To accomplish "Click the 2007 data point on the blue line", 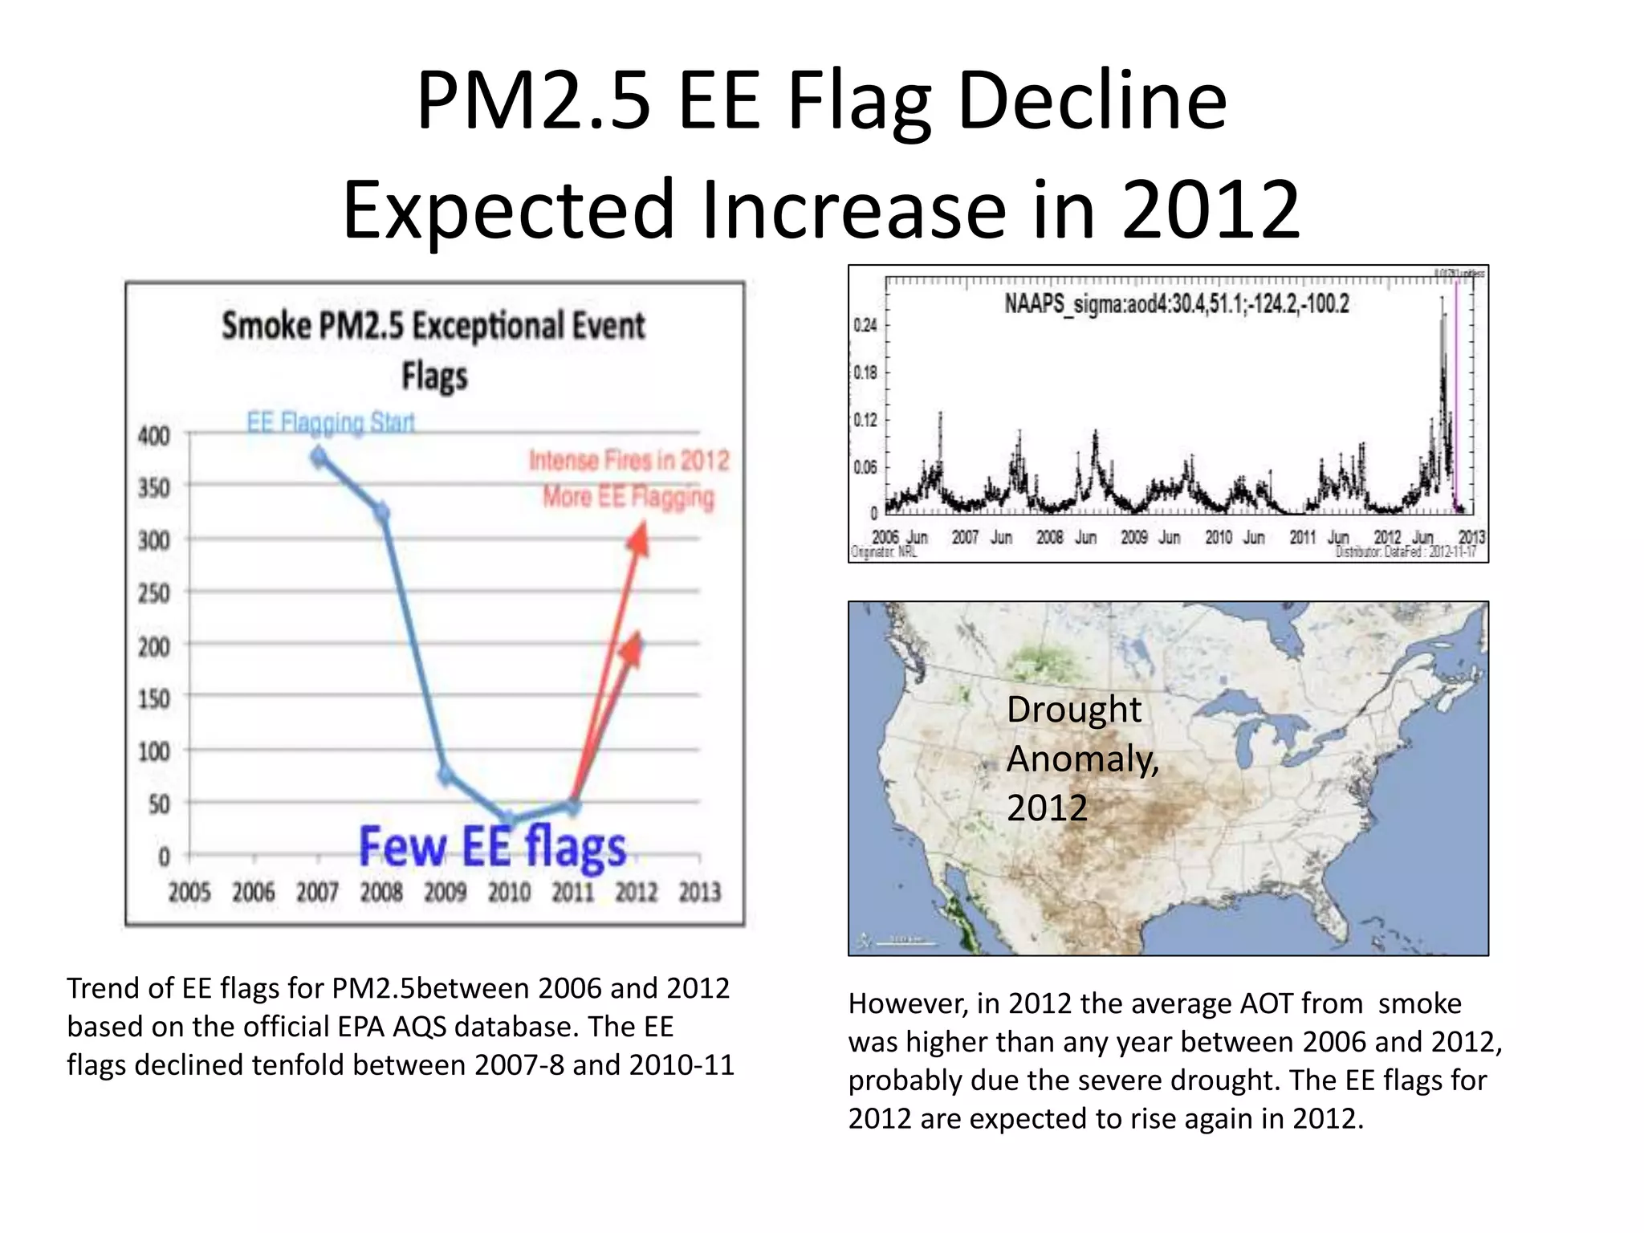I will coord(319,458).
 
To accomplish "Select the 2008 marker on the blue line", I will coord(382,512).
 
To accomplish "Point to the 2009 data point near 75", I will coord(446,775).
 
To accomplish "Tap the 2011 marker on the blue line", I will coord(573,806).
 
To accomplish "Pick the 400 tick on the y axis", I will coord(154,436).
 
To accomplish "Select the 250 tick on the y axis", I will coord(154,593).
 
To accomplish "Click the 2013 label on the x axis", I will coord(700,892).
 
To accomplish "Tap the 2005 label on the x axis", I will coord(189,892).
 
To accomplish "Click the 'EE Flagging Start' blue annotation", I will coord(331,422).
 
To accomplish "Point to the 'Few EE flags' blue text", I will coord(492,848).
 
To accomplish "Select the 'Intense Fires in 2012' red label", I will coord(629,460).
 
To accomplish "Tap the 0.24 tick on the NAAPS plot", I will coord(865,325).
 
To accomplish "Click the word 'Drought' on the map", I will coord(1073,710).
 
